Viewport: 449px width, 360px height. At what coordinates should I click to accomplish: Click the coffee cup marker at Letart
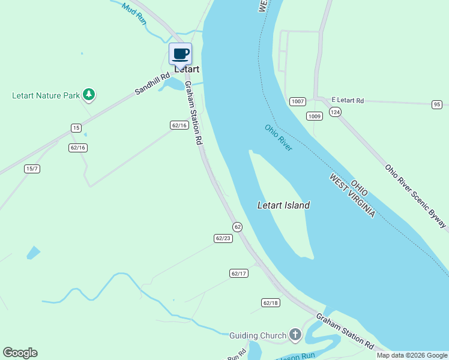[181, 54]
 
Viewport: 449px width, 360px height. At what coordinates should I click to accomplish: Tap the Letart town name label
[187, 69]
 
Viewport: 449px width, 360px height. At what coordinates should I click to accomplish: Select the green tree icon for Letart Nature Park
[89, 94]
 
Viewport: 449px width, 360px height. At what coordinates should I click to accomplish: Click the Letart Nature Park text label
[46, 95]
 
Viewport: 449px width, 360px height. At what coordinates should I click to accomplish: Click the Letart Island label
[283, 205]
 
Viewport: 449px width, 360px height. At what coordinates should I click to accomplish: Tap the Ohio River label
[279, 137]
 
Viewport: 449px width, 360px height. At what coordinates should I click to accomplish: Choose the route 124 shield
[335, 112]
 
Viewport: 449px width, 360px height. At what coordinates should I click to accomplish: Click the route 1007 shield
[297, 101]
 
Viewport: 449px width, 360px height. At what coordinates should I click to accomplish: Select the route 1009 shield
[314, 116]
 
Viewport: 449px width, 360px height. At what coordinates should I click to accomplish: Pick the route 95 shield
[436, 104]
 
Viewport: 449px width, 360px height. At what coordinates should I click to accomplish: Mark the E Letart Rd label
[348, 100]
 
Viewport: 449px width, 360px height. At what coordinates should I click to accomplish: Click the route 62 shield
[237, 226]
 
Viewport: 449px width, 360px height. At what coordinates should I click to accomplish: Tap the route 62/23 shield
[223, 238]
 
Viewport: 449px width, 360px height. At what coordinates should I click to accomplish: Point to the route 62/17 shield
[238, 273]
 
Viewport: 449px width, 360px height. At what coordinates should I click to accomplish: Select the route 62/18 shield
[270, 302]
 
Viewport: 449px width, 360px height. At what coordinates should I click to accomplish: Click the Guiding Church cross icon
[295, 335]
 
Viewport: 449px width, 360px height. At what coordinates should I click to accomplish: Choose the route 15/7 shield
[32, 169]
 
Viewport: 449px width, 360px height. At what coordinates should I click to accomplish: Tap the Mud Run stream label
[134, 13]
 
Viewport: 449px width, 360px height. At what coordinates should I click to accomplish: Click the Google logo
[20, 353]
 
